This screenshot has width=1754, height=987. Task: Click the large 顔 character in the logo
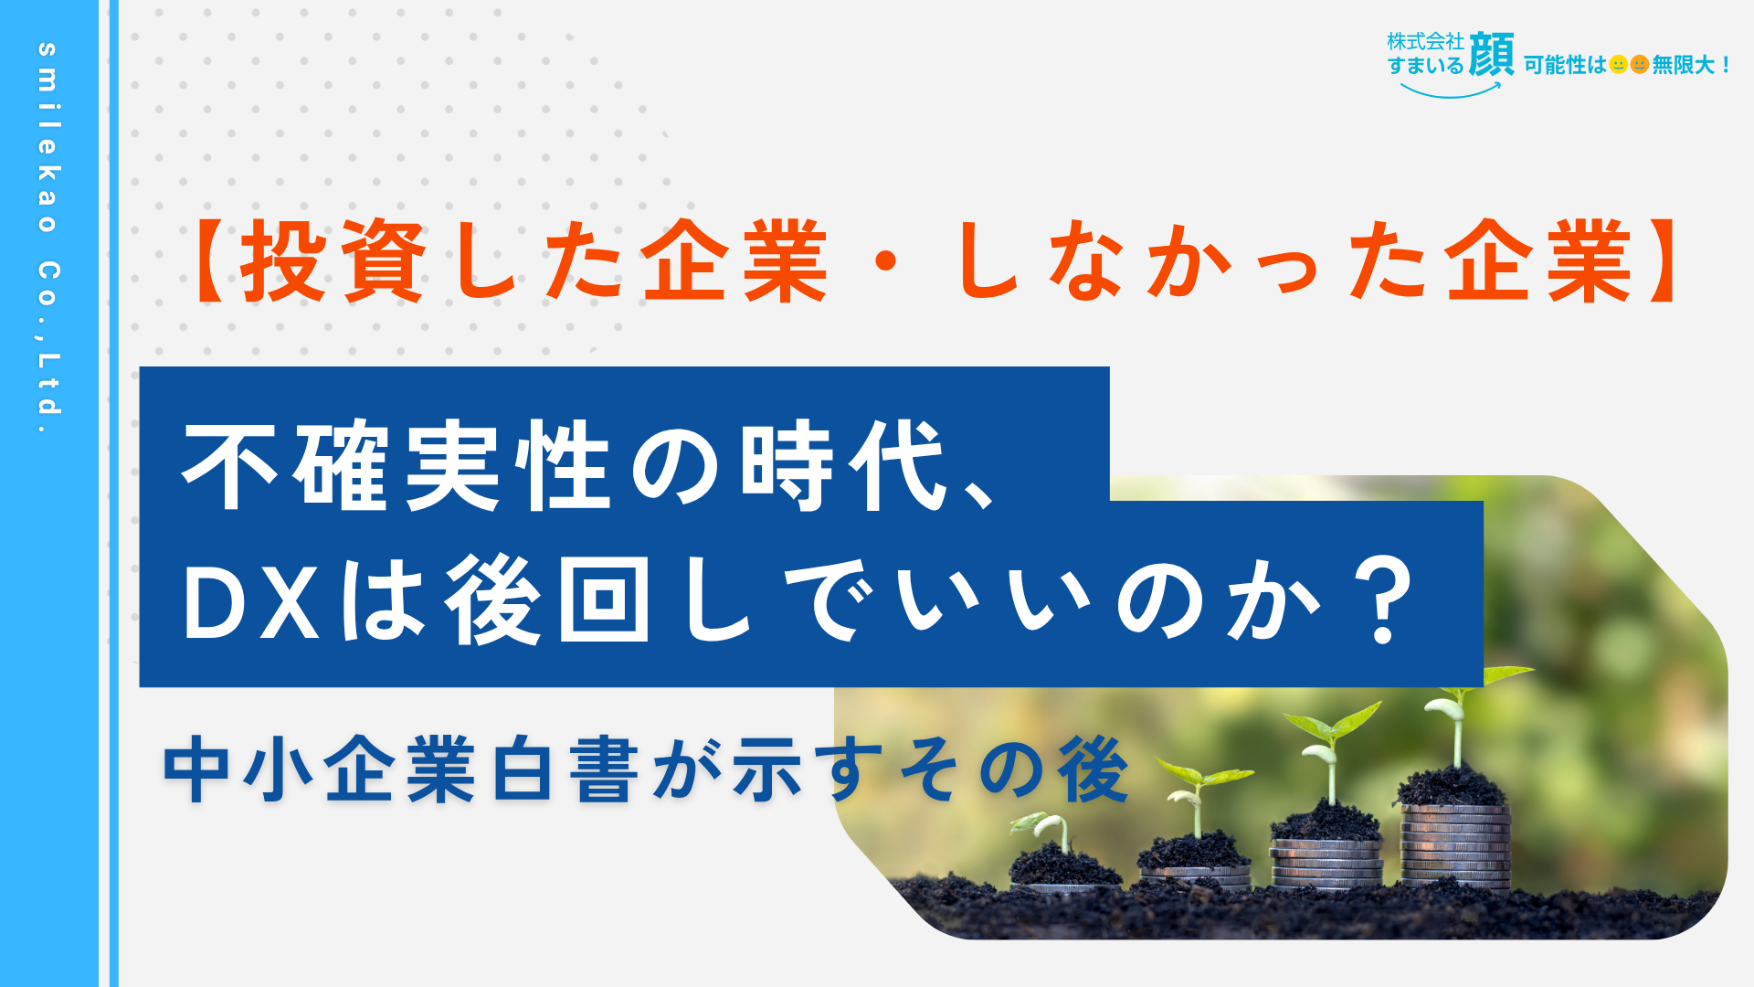click(1492, 55)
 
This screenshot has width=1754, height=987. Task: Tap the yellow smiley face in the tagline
click(1618, 65)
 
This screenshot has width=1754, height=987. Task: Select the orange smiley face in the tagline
click(1640, 65)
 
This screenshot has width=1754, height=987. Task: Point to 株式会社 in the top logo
click(1425, 41)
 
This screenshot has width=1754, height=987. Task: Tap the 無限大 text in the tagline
click(1683, 65)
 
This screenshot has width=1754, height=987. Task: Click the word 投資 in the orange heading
click(333, 261)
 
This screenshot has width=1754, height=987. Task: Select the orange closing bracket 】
click(1658, 261)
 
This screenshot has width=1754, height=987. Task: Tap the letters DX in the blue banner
click(251, 603)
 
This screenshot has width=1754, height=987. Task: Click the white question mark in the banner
click(1384, 600)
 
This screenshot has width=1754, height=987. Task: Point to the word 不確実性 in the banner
click(396, 466)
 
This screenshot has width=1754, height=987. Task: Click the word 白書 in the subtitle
click(565, 769)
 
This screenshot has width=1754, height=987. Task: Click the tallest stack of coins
click(1455, 845)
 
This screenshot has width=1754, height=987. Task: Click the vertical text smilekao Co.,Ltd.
click(48, 239)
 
